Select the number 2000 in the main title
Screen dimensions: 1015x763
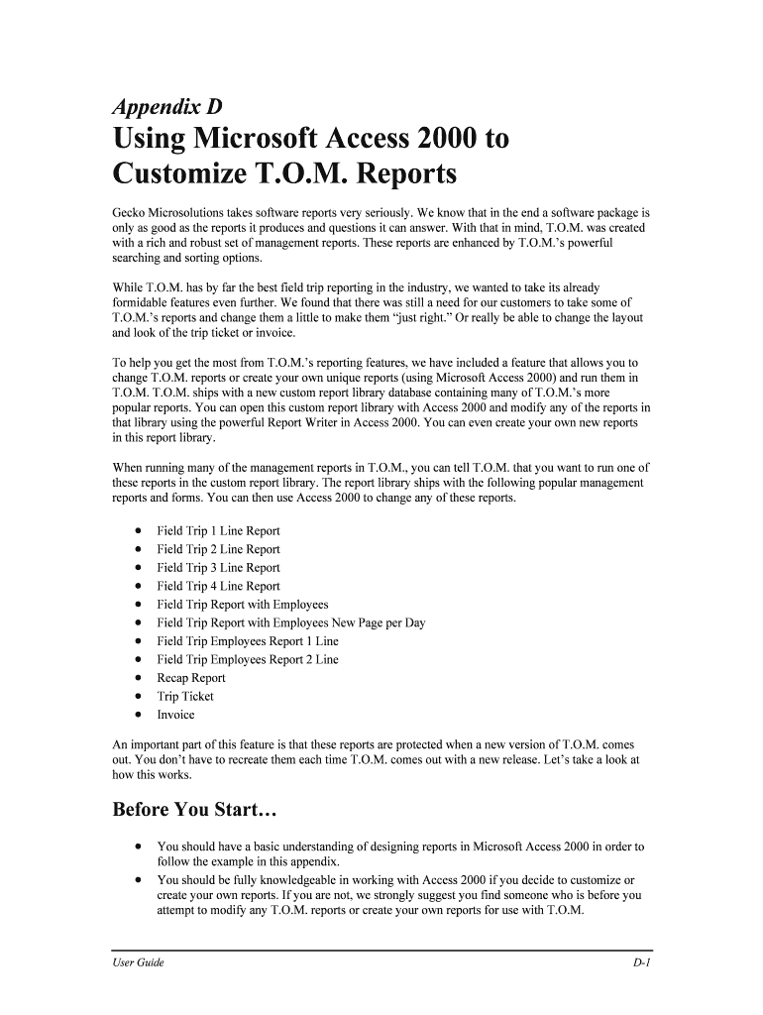(439, 138)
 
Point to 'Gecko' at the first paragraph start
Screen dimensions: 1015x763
(131, 213)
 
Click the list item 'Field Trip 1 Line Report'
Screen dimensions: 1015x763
(218, 531)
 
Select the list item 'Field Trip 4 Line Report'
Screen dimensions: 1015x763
(218, 587)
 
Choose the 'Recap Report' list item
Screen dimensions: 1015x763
(191, 679)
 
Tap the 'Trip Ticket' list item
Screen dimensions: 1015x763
(185, 697)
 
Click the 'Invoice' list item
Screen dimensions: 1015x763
(175, 716)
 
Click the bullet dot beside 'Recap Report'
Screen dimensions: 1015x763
(137, 679)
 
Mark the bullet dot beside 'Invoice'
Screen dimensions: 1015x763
(137, 716)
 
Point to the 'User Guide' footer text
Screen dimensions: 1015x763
(138, 963)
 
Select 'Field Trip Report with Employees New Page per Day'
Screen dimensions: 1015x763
(290, 623)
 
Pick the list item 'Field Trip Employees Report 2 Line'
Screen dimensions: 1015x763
(247, 660)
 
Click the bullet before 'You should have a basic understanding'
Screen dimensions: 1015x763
(137, 847)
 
